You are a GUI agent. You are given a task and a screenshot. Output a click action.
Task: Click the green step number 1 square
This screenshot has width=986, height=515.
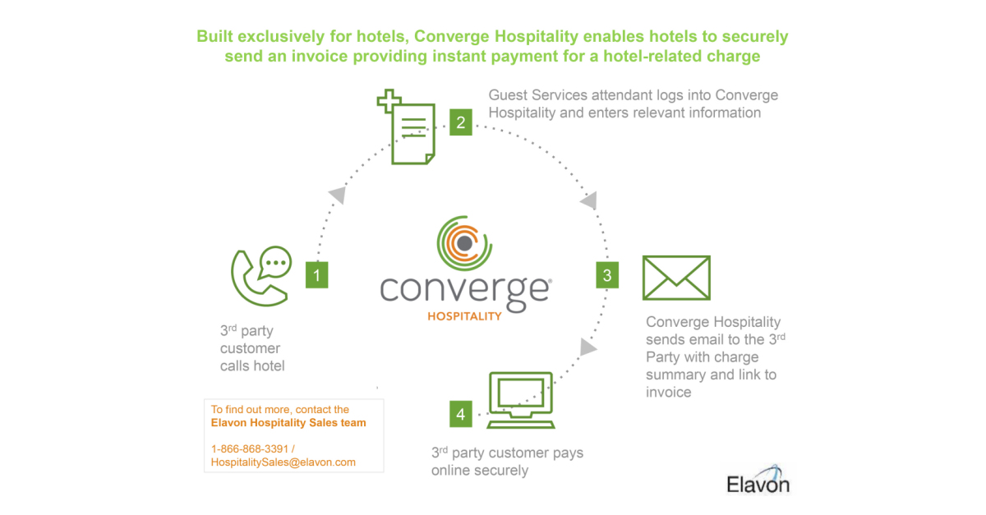click(x=316, y=274)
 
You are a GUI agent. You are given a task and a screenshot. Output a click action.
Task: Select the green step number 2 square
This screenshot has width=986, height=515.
click(x=460, y=123)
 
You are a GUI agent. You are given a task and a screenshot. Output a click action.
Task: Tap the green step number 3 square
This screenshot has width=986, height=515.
click(x=607, y=275)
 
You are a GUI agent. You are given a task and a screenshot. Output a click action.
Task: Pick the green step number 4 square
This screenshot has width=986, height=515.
click(x=460, y=415)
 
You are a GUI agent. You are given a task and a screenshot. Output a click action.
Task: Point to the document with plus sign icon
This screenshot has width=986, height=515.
click(x=408, y=130)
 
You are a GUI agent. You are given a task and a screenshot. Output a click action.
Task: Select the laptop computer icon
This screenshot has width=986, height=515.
click(x=521, y=401)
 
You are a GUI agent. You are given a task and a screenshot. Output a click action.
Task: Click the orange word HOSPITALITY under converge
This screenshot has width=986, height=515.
click(x=465, y=316)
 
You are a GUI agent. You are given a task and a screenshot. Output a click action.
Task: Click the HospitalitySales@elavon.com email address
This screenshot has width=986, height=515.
click(x=283, y=462)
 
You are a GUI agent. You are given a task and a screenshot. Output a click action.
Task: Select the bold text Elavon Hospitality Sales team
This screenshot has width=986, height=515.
click(x=288, y=423)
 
